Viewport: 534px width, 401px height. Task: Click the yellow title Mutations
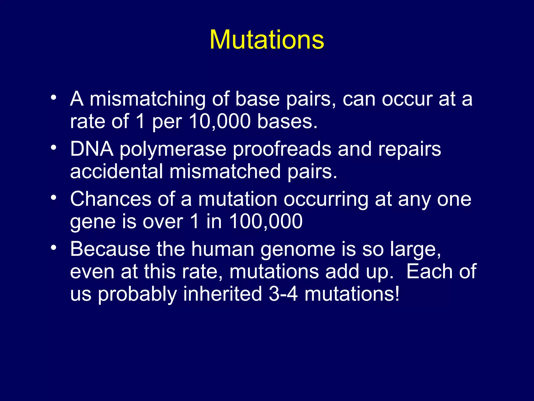point(267,40)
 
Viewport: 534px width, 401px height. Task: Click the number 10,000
point(220,121)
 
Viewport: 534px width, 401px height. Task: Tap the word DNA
point(92,149)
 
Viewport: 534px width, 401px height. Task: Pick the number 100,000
point(266,222)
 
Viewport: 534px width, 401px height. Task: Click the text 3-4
point(283,294)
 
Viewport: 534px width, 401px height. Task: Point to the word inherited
point(222,294)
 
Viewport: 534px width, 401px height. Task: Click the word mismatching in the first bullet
point(148,99)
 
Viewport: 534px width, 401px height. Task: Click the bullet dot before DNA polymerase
point(53,148)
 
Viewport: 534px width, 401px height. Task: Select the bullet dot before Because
point(53,247)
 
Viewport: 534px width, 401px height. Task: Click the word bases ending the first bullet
point(287,121)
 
